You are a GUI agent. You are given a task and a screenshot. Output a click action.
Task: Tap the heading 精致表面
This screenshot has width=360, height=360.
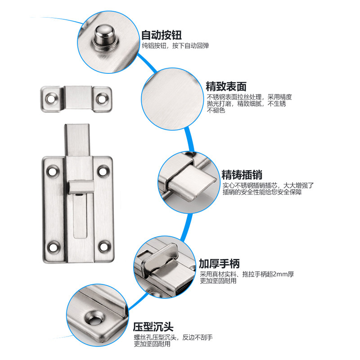[226, 86]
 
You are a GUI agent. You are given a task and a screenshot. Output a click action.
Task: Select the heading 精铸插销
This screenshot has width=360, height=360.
[242, 175]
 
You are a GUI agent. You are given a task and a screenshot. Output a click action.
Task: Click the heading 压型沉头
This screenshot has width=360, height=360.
[153, 326]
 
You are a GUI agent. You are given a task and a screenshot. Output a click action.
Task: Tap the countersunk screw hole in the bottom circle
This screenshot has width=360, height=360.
[96, 318]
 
